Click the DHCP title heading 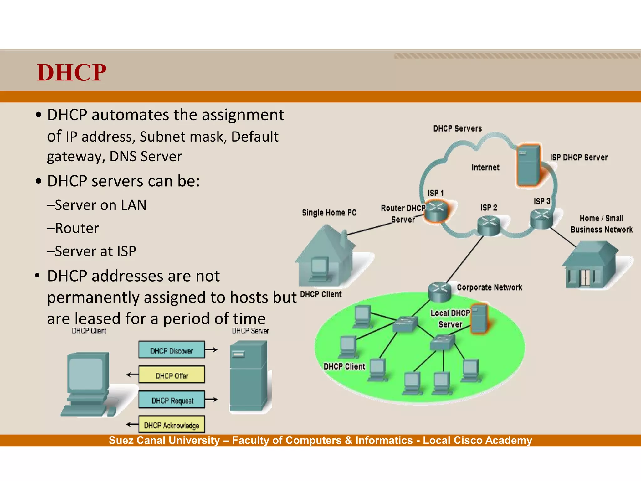pos(72,73)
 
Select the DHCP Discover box pos(172,350)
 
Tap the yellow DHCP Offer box pos(172,375)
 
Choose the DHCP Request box pos(172,400)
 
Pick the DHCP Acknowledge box pos(172,425)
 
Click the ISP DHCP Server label pos(579,157)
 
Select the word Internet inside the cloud pos(485,168)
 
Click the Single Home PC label pos(329,213)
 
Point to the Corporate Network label pos(489,287)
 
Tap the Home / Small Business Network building pos(590,265)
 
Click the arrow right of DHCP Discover pos(212,350)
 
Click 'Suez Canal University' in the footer pos(164,440)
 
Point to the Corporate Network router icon pos(439,291)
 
